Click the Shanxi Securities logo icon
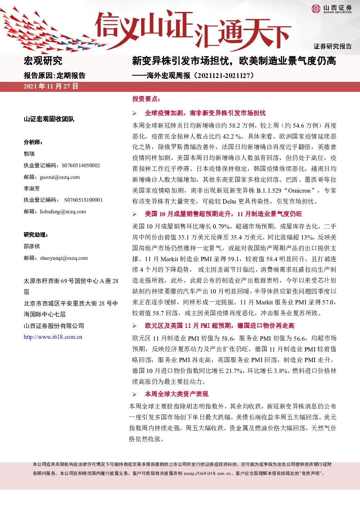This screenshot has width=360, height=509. (316, 9)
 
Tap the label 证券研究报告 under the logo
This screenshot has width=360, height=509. (332, 46)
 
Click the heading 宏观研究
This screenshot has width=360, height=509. (43, 61)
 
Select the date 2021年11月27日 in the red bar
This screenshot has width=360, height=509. (51, 86)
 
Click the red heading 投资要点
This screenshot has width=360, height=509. (146, 99)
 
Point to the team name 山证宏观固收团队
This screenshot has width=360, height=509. (49, 119)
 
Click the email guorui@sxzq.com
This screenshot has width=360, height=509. (60, 177)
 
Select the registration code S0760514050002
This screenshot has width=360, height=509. (81, 165)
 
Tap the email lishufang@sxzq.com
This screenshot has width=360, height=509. (63, 212)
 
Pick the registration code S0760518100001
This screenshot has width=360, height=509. (83, 200)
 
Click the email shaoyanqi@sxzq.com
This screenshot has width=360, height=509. (64, 258)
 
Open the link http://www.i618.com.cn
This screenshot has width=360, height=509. (53, 337)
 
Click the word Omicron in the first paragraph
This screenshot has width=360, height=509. (299, 190)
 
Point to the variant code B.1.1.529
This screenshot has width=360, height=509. (269, 190)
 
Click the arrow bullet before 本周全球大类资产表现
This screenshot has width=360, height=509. (135, 394)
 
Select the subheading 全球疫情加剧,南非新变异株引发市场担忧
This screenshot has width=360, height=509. (205, 113)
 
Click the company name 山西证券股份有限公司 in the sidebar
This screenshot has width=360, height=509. (54, 326)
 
